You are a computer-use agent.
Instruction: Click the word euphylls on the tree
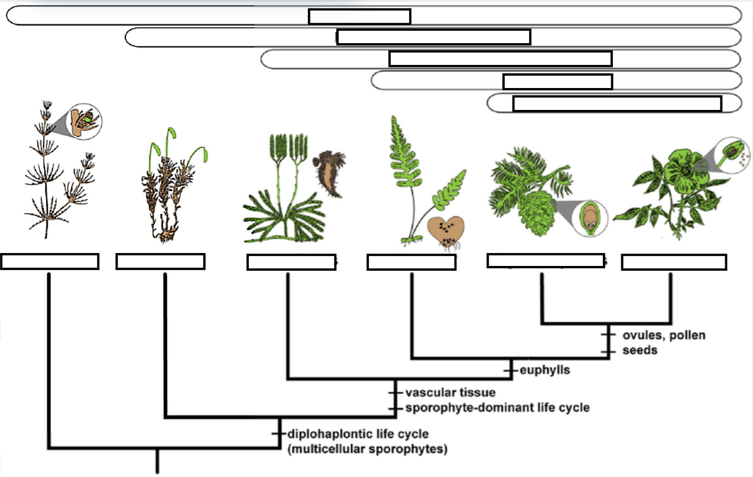(545, 371)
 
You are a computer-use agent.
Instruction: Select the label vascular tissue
(450, 392)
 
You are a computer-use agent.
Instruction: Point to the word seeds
(640, 351)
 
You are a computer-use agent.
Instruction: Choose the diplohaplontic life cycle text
(358, 434)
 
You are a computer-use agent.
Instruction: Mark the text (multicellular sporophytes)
(366, 449)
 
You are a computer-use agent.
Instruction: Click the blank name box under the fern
(411, 262)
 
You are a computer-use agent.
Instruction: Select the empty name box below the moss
(160, 261)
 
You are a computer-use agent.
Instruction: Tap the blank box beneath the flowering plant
(673, 262)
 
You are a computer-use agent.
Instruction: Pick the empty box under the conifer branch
(545, 260)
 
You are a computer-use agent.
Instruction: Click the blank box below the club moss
(291, 262)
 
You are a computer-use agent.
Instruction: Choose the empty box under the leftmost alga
(50, 261)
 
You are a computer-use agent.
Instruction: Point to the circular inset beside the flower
(732, 154)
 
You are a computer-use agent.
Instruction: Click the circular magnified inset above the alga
(85, 121)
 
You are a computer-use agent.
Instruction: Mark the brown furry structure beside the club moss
(329, 173)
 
